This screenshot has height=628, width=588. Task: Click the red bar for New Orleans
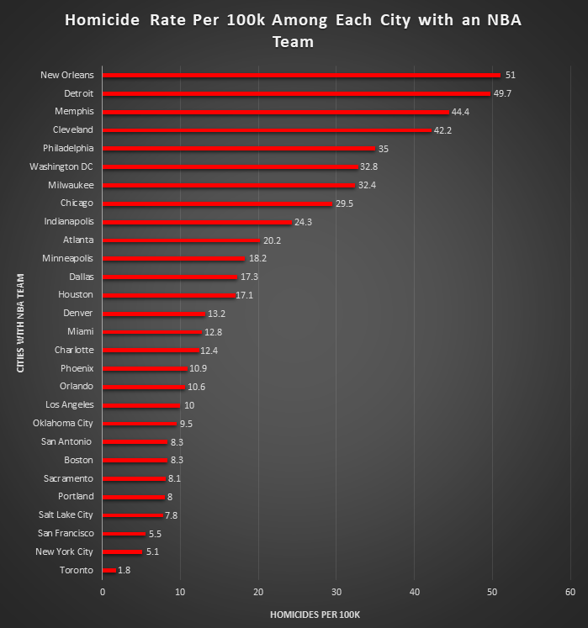[x=301, y=75]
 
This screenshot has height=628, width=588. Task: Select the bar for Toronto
[x=109, y=570]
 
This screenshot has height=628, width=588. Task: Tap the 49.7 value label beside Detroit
[x=502, y=93]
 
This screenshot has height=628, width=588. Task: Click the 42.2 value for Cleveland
[x=443, y=130]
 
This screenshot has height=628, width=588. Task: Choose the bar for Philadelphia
[x=239, y=148]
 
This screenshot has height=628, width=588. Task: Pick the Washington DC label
[x=61, y=166]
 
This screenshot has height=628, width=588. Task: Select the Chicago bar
[x=217, y=203]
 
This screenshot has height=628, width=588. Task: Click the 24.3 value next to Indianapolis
[x=305, y=222]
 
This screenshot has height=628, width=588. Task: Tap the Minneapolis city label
[x=69, y=258]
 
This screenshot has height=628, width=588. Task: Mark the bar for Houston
[x=169, y=295]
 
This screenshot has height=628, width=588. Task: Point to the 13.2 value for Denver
[x=217, y=314]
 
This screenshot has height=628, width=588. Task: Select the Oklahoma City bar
[x=140, y=423]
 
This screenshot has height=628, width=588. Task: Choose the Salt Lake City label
[x=66, y=515]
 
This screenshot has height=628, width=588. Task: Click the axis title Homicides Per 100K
[x=315, y=615]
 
